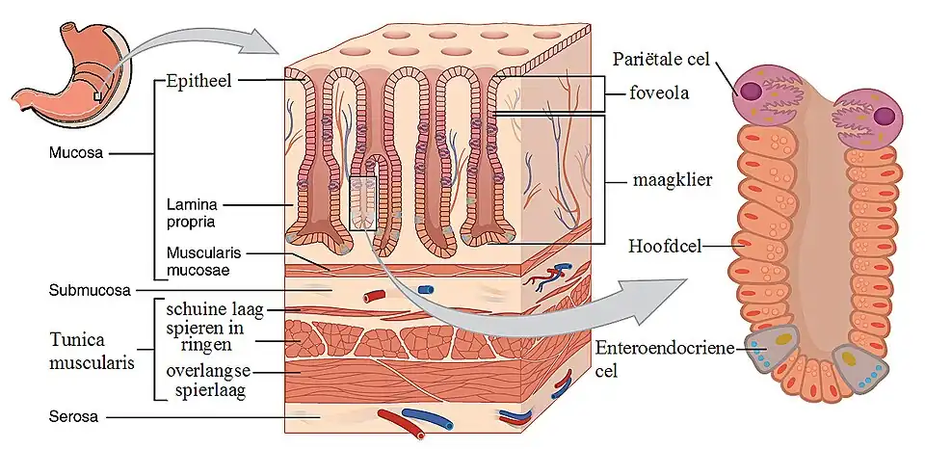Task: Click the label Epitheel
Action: click(198, 81)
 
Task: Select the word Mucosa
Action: click(73, 152)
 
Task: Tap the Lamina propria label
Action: click(190, 213)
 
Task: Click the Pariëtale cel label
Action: click(661, 60)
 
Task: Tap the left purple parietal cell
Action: click(763, 94)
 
